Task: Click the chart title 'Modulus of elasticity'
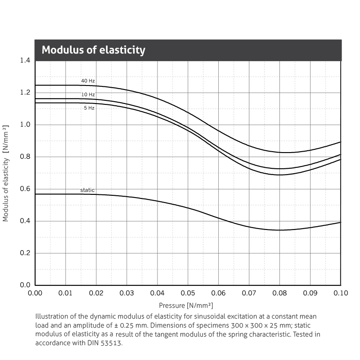[94, 50]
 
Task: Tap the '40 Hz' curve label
[88, 81]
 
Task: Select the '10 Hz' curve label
[88, 94]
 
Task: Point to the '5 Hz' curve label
[89, 108]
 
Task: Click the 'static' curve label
[87, 190]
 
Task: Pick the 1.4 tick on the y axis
[25, 60]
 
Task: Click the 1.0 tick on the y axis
[25, 125]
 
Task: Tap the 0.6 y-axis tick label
[25, 189]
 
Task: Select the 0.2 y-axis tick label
[25, 253]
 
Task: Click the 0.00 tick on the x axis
[35, 293]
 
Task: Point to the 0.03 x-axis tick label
[127, 293]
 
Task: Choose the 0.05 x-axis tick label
[188, 293]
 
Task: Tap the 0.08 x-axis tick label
[279, 293]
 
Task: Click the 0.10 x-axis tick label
[341, 293]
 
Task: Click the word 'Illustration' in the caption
[51, 316]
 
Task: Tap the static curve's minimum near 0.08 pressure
[279, 230]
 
